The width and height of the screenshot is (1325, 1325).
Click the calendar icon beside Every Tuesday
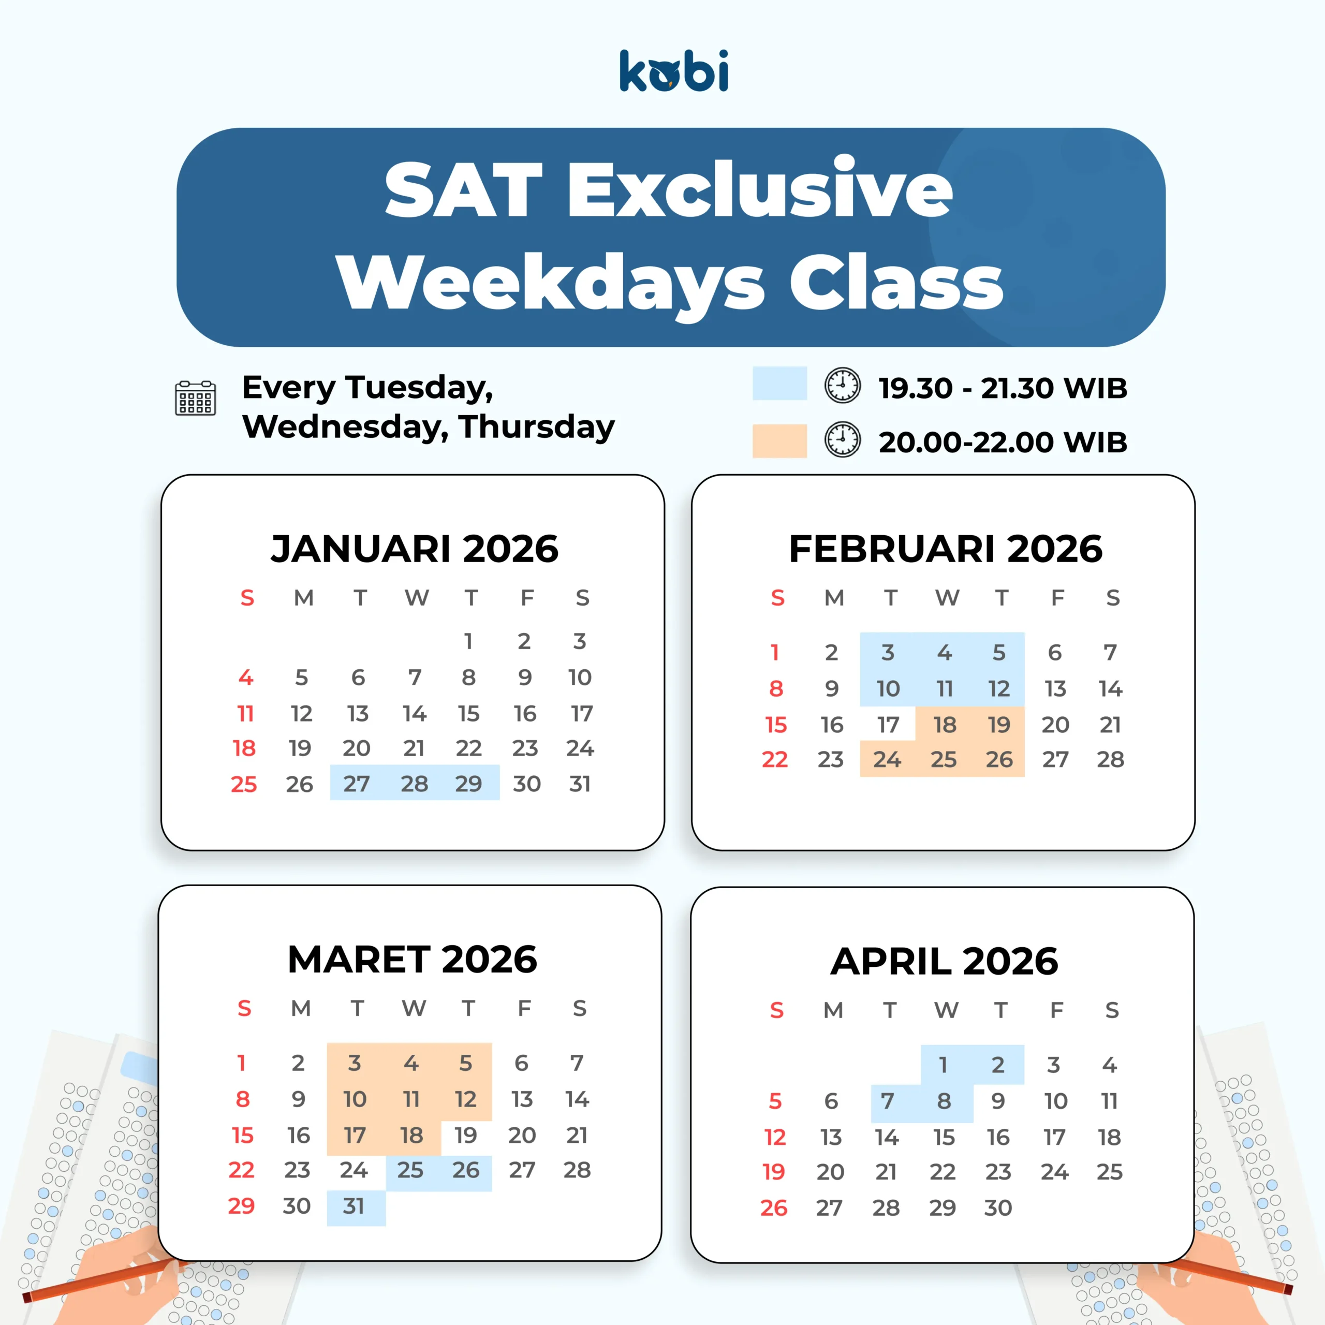(x=196, y=398)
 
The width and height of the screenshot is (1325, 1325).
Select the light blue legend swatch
(x=780, y=384)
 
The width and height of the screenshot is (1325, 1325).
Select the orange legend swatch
(x=780, y=441)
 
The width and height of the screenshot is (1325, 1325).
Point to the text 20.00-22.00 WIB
(x=1003, y=443)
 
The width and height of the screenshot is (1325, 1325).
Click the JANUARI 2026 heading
(x=414, y=549)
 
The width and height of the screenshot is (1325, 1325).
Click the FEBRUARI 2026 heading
(x=945, y=549)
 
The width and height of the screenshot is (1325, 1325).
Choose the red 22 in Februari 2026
(x=775, y=759)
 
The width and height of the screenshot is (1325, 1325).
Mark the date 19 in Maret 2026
(x=466, y=1135)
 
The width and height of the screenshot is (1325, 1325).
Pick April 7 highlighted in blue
(x=888, y=1101)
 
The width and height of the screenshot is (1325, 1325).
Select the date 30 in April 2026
(x=998, y=1207)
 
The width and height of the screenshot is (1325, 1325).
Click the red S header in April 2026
(x=776, y=1010)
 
